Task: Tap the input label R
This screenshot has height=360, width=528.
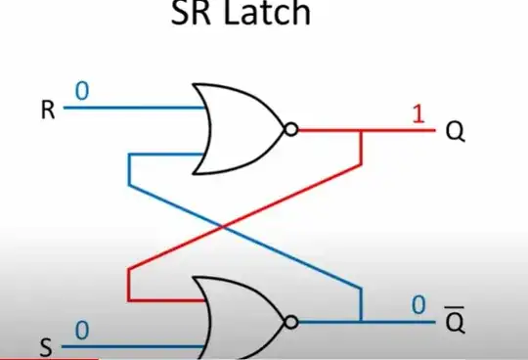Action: (47, 109)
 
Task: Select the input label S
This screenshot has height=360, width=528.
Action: (46, 346)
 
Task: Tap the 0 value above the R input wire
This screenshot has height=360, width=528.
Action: (82, 91)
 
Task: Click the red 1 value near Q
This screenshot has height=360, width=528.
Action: (418, 113)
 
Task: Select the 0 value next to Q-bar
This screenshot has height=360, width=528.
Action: (418, 306)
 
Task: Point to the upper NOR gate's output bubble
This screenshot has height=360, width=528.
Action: (290, 129)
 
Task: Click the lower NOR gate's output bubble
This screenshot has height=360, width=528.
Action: (290, 321)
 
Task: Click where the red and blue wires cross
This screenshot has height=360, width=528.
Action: (226, 228)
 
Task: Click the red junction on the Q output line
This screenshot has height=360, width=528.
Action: (362, 129)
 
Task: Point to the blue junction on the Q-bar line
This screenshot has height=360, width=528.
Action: (361, 321)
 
